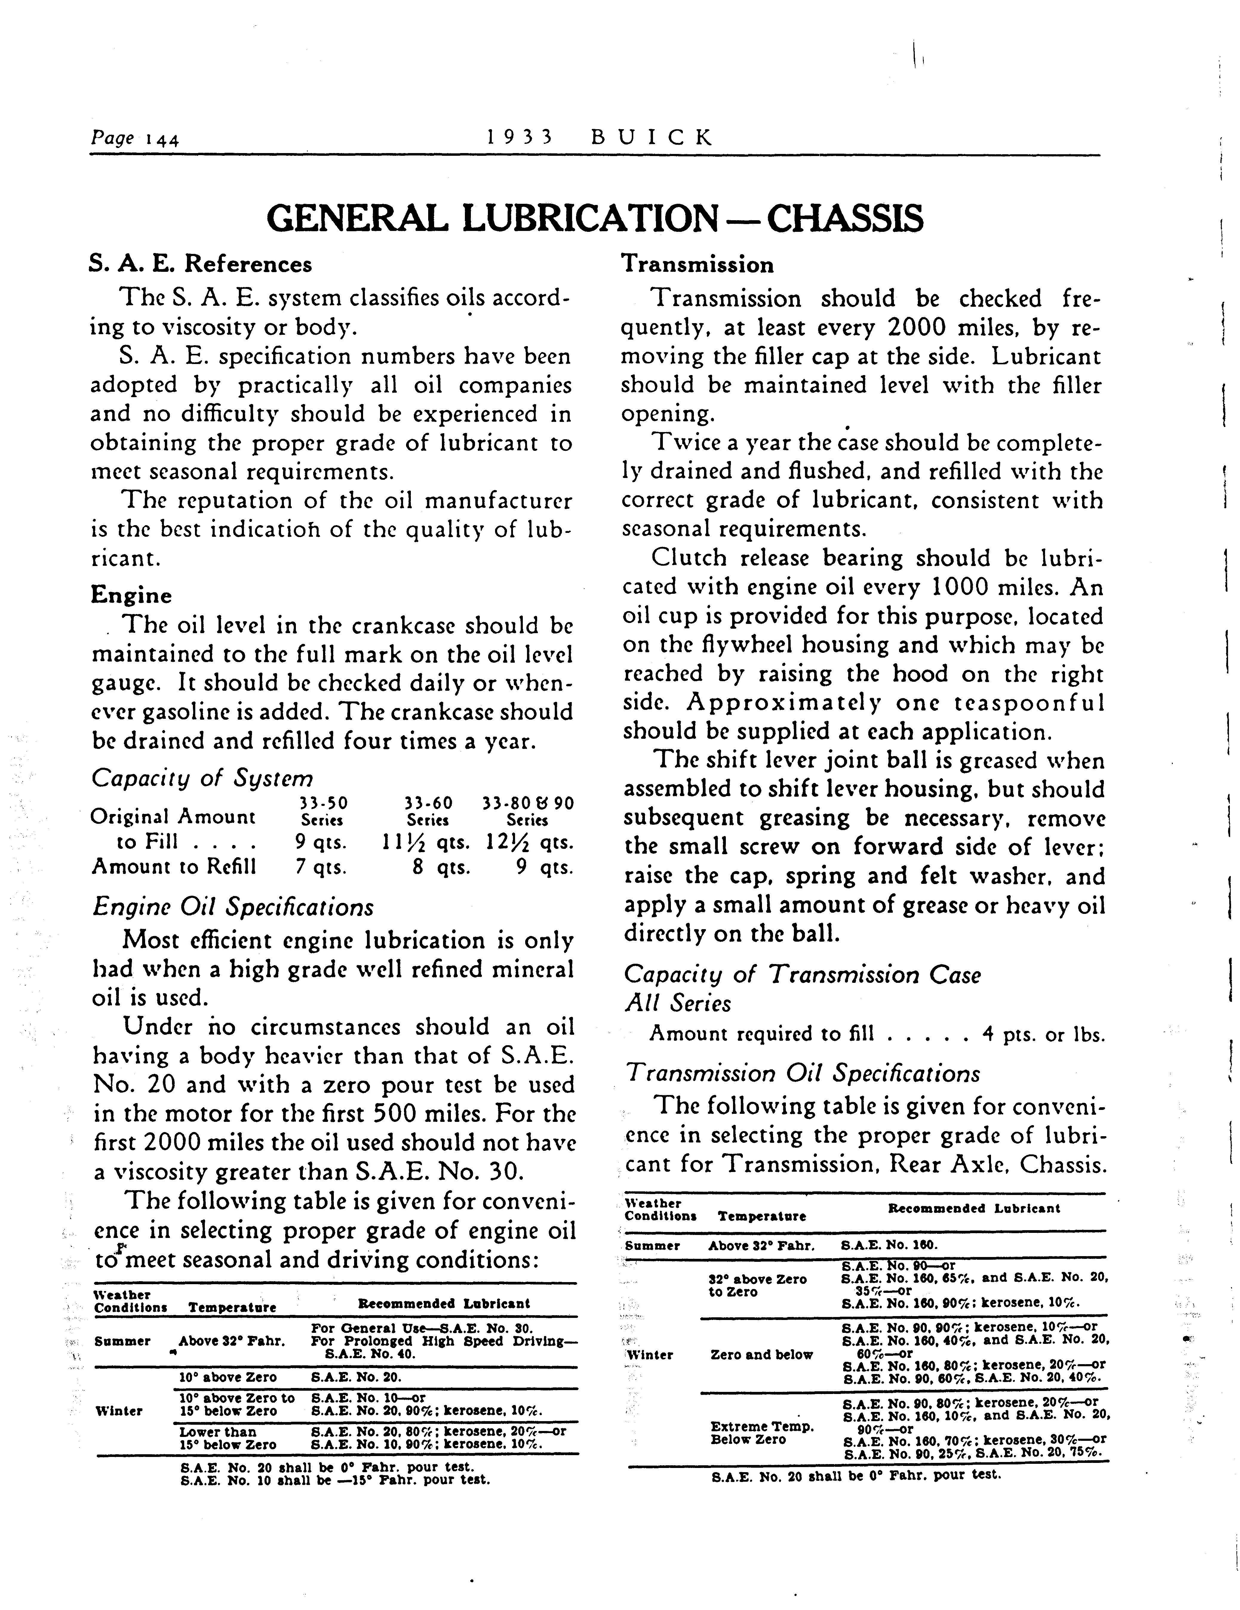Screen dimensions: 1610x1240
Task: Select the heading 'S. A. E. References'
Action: (201, 264)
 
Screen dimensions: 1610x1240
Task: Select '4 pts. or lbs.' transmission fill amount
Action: (1044, 1035)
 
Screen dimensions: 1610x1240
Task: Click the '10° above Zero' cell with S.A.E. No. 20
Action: (228, 1377)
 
